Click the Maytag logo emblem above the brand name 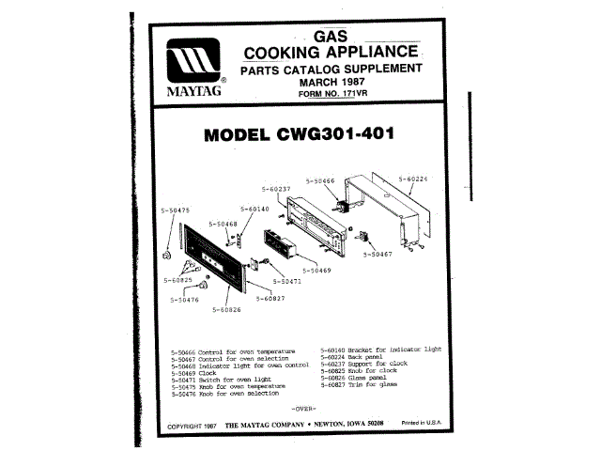click(x=194, y=63)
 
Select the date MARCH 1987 click(x=330, y=82)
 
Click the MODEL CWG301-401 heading click(x=300, y=134)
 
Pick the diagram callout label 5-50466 click(x=321, y=179)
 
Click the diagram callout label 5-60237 click(x=273, y=189)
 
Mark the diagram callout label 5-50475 click(x=175, y=210)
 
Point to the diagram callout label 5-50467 click(x=388, y=255)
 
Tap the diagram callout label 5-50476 click(x=184, y=300)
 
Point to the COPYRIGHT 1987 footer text click(x=192, y=427)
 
